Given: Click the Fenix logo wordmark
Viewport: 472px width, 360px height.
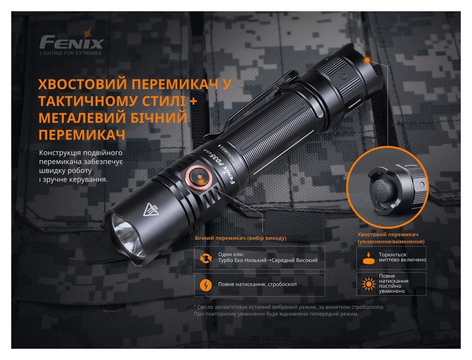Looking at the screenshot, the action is coord(72,43).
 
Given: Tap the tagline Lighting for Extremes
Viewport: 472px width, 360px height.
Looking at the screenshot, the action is coord(71,53).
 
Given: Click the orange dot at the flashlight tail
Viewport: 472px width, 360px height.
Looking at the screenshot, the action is coord(367,59).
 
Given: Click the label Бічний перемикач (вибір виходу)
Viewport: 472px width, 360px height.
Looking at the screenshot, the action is coord(240,238).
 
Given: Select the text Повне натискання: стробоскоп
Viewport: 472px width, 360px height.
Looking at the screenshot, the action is coord(257,284).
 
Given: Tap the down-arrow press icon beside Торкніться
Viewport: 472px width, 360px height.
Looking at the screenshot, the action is coord(368,258).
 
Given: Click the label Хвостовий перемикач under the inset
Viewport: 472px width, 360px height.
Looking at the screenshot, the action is coord(388,235).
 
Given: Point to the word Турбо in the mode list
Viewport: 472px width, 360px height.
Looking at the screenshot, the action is coord(226,261).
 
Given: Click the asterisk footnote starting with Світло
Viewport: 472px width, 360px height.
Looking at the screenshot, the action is coord(288,307).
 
